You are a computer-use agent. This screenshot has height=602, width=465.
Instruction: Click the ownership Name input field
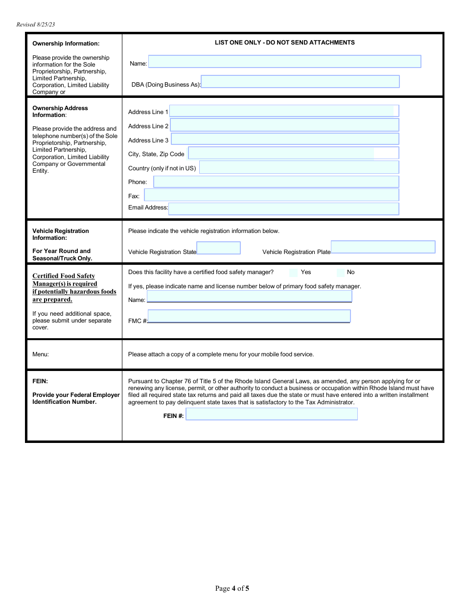(284, 62)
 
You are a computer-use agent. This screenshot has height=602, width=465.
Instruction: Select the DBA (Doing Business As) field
(300, 82)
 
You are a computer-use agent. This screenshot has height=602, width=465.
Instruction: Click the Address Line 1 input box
(284, 111)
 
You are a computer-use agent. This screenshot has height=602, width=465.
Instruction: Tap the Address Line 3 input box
(285, 139)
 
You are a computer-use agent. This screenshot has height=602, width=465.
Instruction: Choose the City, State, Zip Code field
(293, 153)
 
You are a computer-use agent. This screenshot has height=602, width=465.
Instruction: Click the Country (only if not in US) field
(299, 167)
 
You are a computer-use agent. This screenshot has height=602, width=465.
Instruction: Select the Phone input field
(276, 182)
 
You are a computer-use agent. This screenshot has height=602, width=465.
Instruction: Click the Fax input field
(271, 195)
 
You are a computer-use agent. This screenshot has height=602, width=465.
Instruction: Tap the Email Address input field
(283, 209)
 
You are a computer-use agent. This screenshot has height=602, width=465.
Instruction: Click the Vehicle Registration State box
(218, 248)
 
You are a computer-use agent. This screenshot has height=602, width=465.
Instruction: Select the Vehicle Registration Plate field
(383, 247)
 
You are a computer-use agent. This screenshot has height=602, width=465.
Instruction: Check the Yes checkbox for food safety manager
(293, 273)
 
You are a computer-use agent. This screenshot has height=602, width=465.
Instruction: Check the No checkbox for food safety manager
(341, 273)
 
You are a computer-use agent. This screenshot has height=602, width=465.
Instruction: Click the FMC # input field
(249, 316)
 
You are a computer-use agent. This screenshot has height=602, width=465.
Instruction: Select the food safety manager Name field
(249, 296)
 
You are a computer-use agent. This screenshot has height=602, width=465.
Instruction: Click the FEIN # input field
(272, 414)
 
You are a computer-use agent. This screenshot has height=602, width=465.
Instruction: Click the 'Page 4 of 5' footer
(232, 588)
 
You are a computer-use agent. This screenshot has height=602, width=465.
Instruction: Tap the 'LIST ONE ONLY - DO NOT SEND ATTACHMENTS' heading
(284, 43)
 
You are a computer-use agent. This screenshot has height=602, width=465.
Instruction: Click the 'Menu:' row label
(41, 354)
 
